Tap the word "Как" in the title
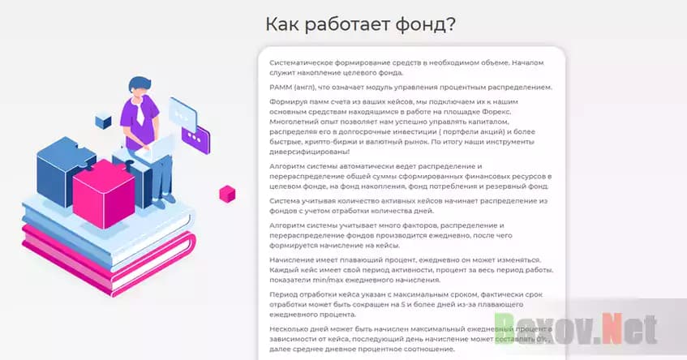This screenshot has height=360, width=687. [285, 24]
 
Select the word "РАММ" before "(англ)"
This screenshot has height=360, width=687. [282, 88]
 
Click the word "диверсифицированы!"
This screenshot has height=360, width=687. [309, 152]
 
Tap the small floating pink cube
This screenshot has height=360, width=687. [227, 193]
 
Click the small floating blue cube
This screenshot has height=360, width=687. [103, 121]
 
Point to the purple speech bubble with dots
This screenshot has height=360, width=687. [195, 136]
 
